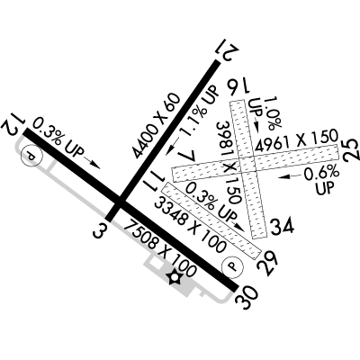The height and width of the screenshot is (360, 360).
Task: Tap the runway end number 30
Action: click(x=247, y=298)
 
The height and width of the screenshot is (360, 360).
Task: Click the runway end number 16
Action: click(x=237, y=88)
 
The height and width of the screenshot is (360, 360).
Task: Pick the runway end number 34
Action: click(x=282, y=228)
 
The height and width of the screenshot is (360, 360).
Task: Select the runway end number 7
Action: click(x=187, y=156)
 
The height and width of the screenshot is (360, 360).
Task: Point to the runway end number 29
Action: click(x=268, y=263)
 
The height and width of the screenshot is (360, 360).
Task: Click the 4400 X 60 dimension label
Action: click(x=157, y=126)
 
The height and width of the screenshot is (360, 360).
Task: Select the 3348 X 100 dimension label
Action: click(x=189, y=224)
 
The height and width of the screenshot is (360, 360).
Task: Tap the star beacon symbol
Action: click(x=174, y=277)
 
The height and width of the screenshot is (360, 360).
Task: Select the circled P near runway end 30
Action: click(x=232, y=266)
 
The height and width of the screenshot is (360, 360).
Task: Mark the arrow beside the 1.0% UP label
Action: click(x=256, y=124)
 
